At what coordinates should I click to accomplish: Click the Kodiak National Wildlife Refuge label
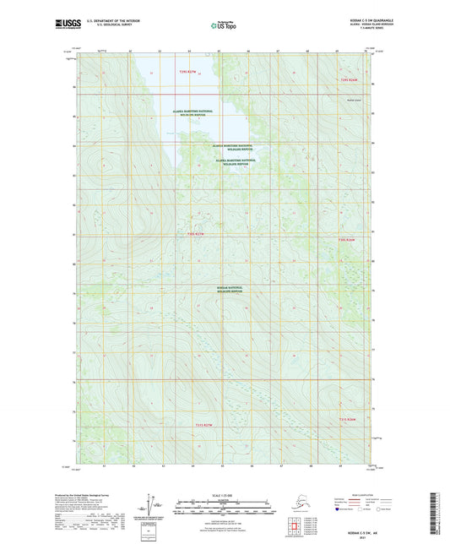coord(229,290)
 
